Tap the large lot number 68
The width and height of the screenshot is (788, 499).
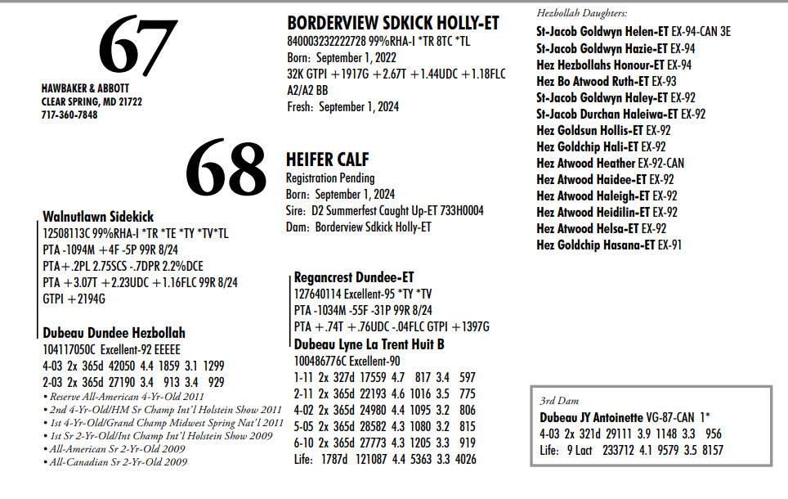click(x=226, y=169)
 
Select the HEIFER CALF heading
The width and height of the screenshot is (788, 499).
click(x=326, y=160)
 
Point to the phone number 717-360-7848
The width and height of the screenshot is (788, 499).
click(x=69, y=115)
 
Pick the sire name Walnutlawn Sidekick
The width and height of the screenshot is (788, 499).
click(x=98, y=217)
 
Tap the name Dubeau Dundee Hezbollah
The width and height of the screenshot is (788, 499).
click(x=114, y=333)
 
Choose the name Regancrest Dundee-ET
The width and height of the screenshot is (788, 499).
click(x=354, y=278)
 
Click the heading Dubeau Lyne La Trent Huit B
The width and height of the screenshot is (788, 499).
click(x=369, y=344)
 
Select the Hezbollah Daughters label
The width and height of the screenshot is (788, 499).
click(x=582, y=14)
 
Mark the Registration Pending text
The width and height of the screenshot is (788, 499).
click(x=330, y=178)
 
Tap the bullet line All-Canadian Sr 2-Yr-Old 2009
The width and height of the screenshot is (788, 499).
click(x=119, y=461)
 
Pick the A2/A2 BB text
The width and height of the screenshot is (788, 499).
click(x=307, y=90)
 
